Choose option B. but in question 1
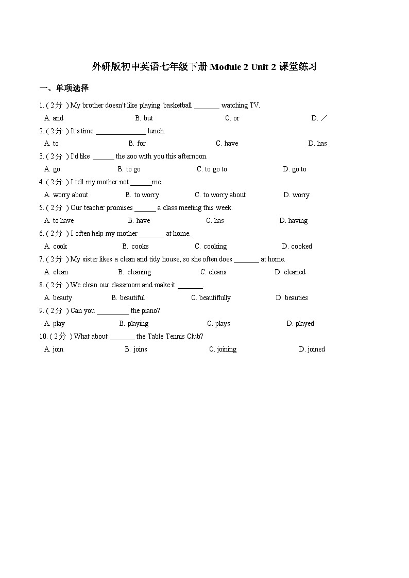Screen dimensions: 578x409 (x=144, y=118)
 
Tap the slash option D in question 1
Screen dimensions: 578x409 (x=319, y=118)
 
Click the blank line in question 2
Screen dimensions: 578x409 (x=121, y=131)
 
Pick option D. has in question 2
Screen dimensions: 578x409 (x=317, y=144)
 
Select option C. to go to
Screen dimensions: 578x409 (x=212, y=169)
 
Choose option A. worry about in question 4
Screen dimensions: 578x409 (x=66, y=195)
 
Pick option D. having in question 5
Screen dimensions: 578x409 (x=293, y=221)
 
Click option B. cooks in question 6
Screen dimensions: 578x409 (x=135, y=247)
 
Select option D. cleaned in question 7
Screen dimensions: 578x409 (x=290, y=272)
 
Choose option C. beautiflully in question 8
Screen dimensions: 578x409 (x=211, y=298)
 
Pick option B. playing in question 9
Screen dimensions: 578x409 (x=133, y=324)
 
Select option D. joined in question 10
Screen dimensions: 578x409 (x=312, y=349)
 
